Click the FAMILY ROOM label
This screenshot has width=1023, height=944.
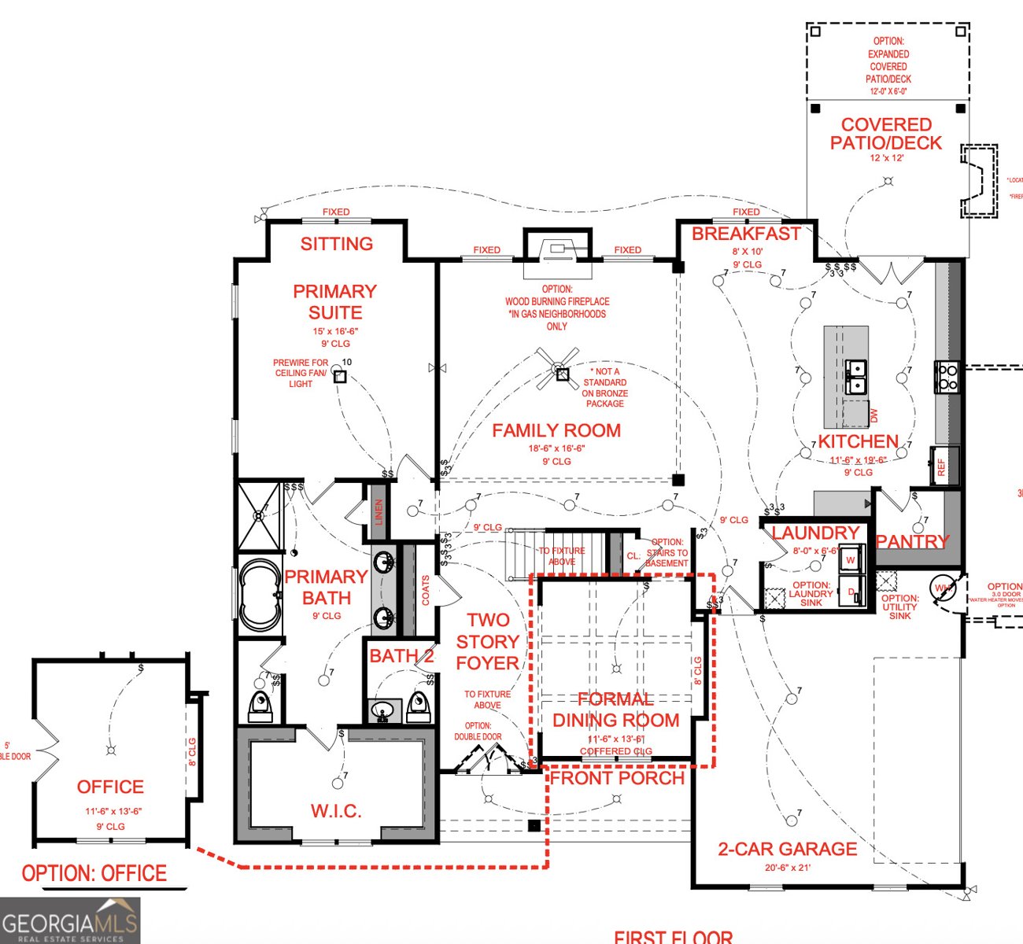(556, 430)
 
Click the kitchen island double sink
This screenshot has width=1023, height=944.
(855, 376)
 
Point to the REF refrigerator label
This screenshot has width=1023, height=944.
(941, 467)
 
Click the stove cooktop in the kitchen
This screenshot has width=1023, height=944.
(946, 377)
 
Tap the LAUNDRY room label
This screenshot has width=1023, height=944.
(815, 533)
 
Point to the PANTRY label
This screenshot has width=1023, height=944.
(913, 542)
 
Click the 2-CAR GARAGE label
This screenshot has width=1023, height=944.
(787, 850)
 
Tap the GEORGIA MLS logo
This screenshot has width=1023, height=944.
(69, 921)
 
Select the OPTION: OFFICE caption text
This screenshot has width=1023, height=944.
(94, 873)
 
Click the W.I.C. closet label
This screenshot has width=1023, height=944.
(336, 811)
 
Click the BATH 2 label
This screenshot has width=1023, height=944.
(401, 656)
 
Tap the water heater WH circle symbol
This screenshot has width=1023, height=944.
(943, 588)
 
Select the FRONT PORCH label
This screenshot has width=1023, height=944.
(617, 778)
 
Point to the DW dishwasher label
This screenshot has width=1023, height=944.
(873, 415)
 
